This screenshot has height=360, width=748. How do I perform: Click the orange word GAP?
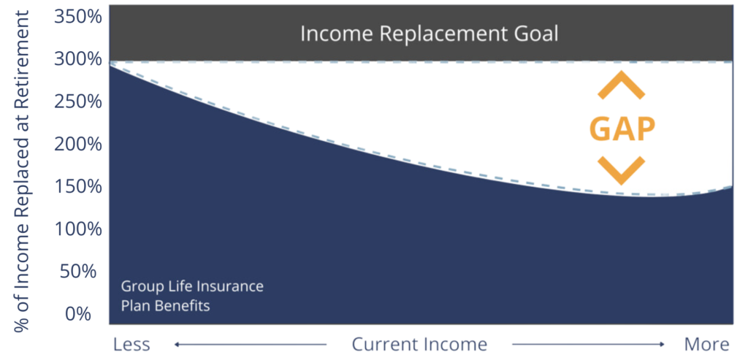[x=622, y=129]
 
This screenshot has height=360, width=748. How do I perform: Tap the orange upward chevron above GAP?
[x=622, y=85]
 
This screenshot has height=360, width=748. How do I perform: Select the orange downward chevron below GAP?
[x=622, y=171]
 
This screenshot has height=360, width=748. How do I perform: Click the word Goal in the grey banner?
[x=535, y=34]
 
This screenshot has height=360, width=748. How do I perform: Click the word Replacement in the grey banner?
[x=436, y=34]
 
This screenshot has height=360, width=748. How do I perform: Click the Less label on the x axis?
[x=132, y=344]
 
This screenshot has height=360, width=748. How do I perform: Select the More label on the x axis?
[x=706, y=344]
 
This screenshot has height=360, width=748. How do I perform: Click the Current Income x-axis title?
[x=419, y=344]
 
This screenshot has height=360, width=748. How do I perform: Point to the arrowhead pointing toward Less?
[x=177, y=344]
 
